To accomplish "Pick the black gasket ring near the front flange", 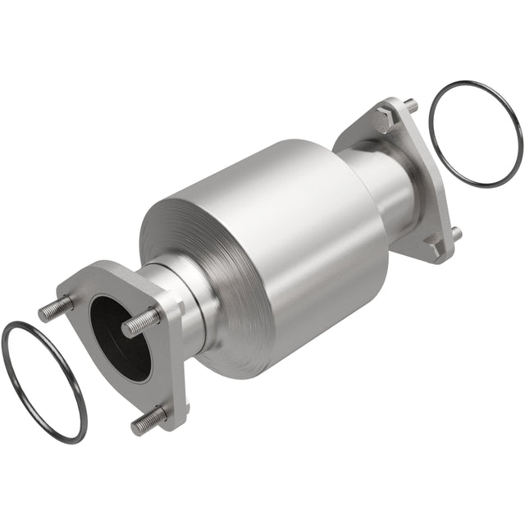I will [x=43, y=381].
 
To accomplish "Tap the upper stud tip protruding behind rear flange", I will [x=411, y=105].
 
